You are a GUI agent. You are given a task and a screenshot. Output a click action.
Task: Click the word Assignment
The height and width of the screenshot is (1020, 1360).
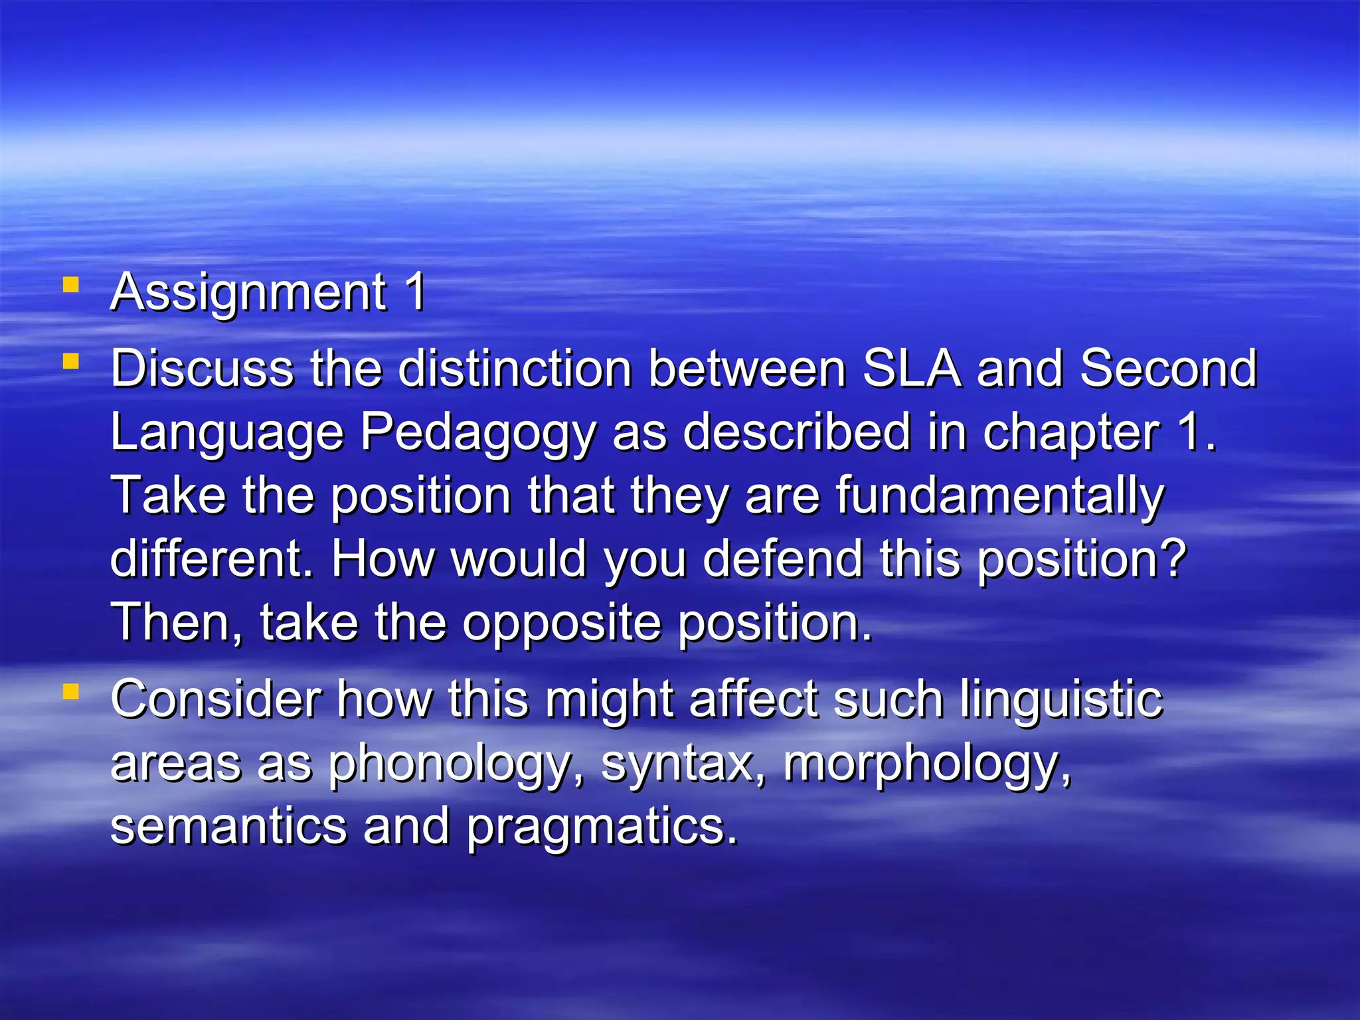click(x=248, y=293)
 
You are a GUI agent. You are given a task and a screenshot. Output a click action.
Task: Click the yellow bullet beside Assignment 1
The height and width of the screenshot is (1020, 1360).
click(x=70, y=286)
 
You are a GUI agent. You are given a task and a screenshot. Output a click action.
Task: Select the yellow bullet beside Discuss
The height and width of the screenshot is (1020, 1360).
click(x=70, y=362)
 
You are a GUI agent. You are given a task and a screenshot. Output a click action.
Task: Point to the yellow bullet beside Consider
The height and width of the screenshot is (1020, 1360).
click(x=70, y=693)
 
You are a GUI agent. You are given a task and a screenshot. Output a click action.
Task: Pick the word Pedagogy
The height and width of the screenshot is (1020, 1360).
click(x=478, y=434)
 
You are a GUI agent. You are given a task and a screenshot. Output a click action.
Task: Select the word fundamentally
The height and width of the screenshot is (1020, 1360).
click(x=999, y=497)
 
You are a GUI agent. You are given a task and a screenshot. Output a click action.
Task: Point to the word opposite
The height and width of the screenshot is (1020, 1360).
click(x=562, y=624)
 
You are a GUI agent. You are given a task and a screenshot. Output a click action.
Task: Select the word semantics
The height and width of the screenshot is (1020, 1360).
click(x=228, y=827)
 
